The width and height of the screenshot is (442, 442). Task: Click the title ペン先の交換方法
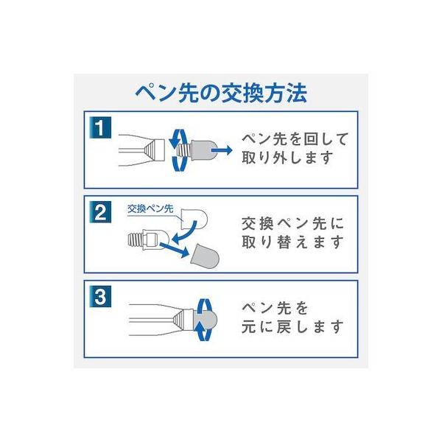click(x=221, y=93)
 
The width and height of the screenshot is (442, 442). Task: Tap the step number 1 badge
click(x=100, y=127)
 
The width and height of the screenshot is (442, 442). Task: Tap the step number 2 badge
click(x=100, y=212)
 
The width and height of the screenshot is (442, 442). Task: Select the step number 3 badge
click(x=100, y=297)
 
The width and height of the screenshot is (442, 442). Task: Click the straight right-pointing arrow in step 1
click(x=222, y=150)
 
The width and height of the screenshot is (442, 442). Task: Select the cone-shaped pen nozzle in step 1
click(x=154, y=150)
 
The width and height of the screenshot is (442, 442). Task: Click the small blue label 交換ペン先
click(x=150, y=209)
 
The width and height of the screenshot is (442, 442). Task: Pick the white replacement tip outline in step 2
click(x=194, y=219)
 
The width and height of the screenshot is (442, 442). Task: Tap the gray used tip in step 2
click(x=205, y=256)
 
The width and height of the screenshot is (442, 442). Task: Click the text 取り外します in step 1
click(x=288, y=158)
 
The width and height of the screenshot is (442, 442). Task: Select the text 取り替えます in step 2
click(x=292, y=242)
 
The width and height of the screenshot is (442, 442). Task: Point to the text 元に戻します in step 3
click(x=292, y=326)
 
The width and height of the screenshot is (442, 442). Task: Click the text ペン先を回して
click(x=295, y=139)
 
